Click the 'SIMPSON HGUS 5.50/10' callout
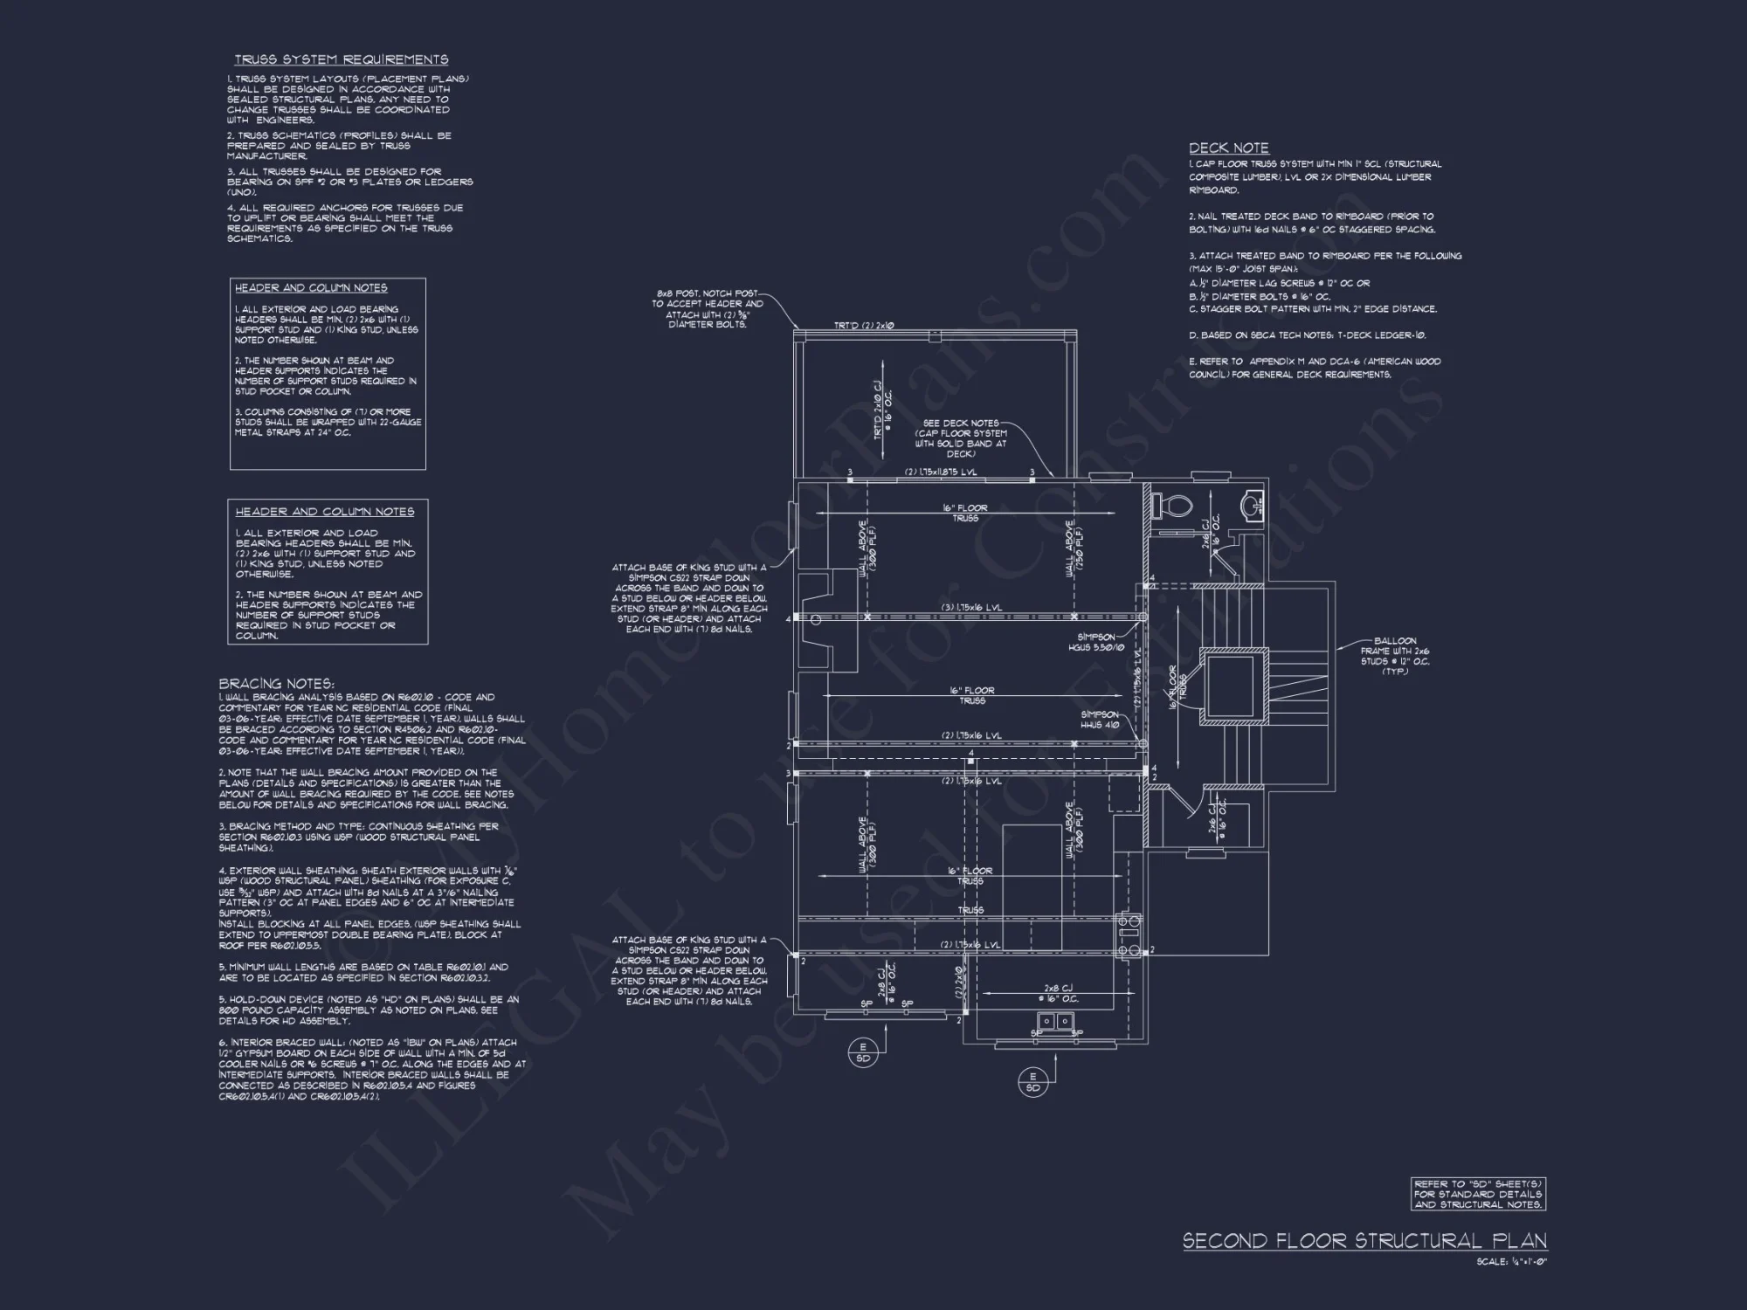[x=1097, y=642]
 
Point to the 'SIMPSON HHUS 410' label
[x=1100, y=720]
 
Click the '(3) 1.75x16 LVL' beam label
[x=971, y=607]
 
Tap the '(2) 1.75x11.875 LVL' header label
[x=941, y=472]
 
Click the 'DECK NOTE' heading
[x=1228, y=148]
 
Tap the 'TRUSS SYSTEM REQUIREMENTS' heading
[x=341, y=59]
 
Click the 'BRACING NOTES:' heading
[x=276, y=684]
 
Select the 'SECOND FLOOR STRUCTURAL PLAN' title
[x=1364, y=1241]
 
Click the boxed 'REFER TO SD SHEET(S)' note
[x=1478, y=1194]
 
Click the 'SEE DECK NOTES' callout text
[x=961, y=438]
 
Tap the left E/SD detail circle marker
[x=864, y=1052]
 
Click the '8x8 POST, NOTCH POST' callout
[x=708, y=309]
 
